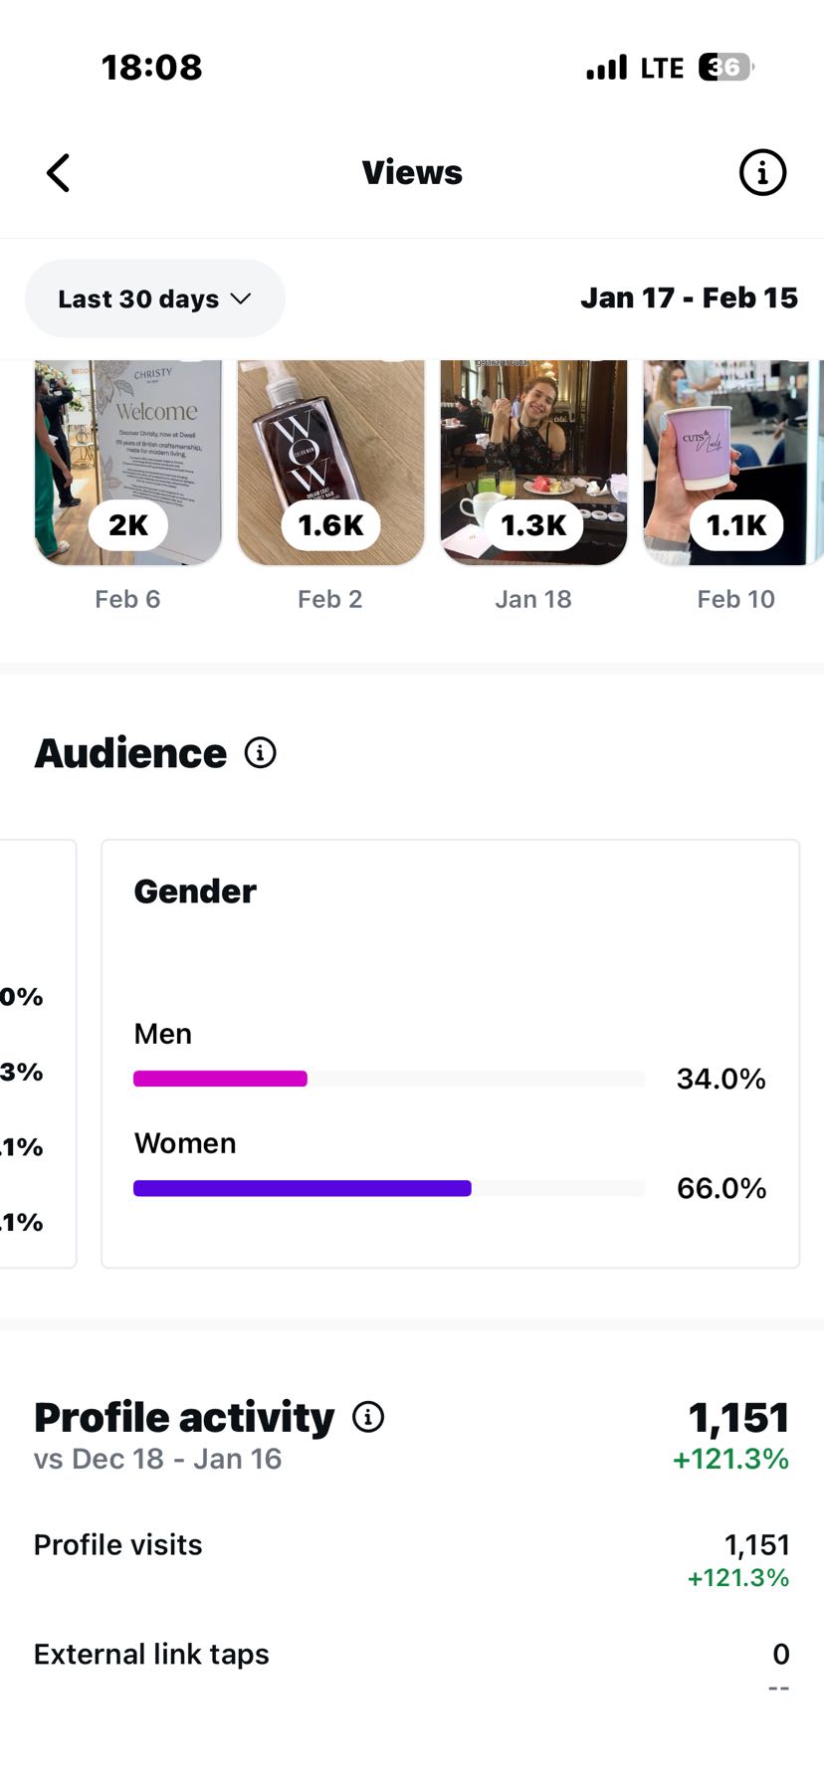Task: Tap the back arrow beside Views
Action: pos(59,173)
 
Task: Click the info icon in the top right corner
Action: pos(762,173)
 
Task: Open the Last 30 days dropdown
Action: pos(154,299)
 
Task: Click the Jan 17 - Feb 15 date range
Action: pos(689,298)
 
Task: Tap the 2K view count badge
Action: pos(128,524)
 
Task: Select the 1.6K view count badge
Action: pos(330,524)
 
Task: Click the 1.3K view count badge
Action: pos(533,524)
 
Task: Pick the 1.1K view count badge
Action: pos(736,524)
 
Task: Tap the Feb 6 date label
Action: pos(127,599)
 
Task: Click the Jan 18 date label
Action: pos(533,599)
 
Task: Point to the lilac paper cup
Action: pos(704,444)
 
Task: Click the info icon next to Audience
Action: pos(261,753)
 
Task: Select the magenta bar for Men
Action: pos(220,1079)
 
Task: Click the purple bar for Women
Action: pos(302,1188)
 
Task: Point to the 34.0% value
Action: pos(721,1079)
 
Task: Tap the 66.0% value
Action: pos(721,1188)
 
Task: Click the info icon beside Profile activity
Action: pos(368,1417)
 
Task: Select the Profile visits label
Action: pos(118,1544)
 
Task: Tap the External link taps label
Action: pos(151,1654)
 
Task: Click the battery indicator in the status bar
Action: pos(725,68)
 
